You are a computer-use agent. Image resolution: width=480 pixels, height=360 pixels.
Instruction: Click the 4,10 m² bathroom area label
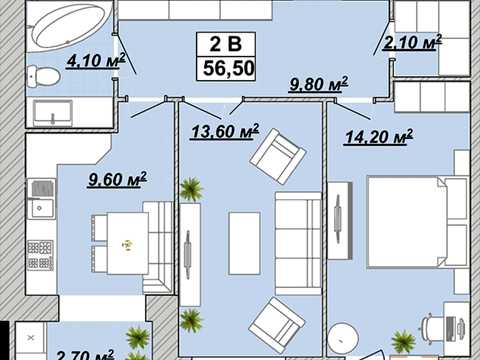(96, 61)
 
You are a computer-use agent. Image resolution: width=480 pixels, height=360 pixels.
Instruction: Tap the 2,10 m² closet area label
(412, 42)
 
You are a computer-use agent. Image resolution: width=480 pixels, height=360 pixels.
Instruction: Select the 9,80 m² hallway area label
(318, 84)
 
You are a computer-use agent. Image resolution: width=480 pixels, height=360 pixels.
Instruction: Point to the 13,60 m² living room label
(225, 131)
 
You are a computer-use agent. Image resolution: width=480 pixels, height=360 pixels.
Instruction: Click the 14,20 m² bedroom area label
(379, 136)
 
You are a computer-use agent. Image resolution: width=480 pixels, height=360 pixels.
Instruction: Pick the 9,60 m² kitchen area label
(117, 179)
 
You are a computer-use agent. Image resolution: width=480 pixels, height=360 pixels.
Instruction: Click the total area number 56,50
(229, 68)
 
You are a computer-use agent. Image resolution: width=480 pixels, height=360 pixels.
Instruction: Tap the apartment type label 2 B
(226, 44)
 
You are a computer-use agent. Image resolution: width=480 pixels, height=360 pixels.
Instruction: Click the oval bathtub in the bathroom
(68, 25)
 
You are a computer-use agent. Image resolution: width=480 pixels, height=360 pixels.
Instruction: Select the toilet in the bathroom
(43, 75)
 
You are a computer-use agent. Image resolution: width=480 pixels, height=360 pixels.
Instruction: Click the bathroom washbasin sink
(53, 113)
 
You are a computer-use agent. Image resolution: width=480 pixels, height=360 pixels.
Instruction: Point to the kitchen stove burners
(41, 255)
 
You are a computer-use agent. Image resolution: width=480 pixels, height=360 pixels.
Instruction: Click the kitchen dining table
(128, 243)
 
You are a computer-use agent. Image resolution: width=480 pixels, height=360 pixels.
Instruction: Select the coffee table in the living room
(244, 243)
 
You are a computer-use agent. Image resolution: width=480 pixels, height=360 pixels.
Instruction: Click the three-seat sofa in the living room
(298, 243)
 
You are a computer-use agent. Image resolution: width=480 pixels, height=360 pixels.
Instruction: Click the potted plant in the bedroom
(404, 341)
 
